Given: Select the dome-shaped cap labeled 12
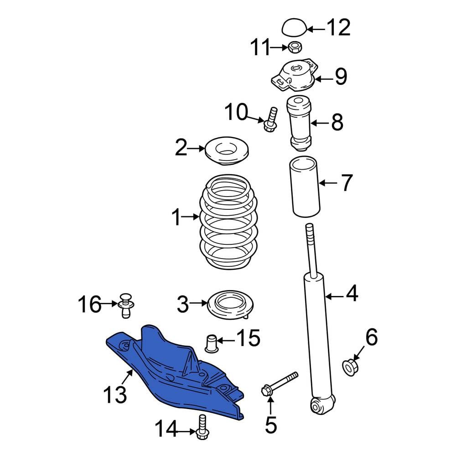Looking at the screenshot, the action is (295, 28).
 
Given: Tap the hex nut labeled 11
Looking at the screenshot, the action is (295, 47).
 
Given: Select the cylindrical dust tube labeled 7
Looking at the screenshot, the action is (305, 187).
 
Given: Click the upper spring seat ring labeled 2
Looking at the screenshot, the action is (227, 151).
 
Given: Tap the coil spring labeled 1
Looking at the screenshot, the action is (228, 222).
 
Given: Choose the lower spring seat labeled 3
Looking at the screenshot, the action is (230, 304).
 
